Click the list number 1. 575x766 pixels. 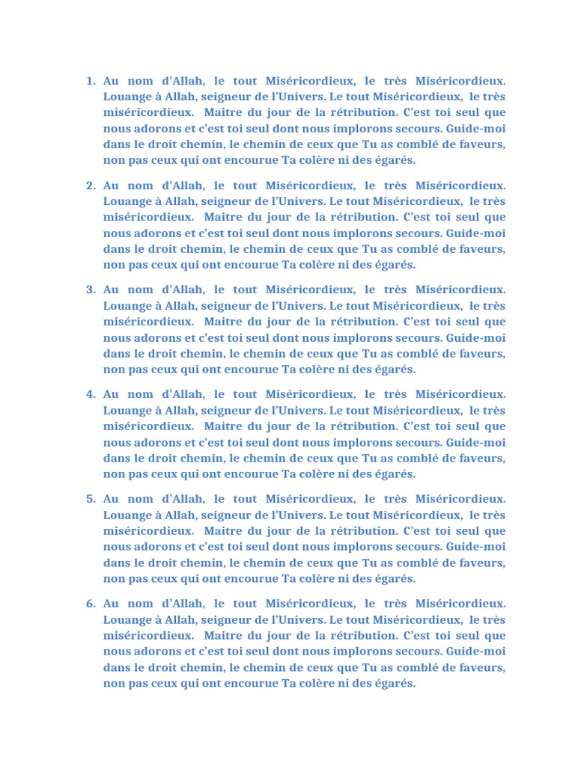[x=91, y=81]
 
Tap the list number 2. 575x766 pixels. [x=91, y=186]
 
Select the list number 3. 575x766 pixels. [x=91, y=289]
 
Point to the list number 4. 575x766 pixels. [x=91, y=394]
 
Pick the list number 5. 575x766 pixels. [x=91, y=499]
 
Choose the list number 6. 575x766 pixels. [x=91, y=604]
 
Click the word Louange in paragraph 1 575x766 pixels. [x=127, y=96]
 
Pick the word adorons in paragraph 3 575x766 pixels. [x=158, y=337]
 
